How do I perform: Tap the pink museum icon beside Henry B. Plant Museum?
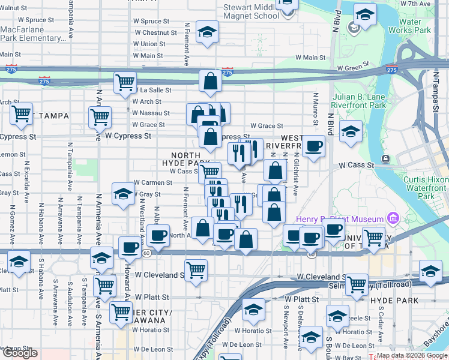pyautogui.click(x=393, y=217)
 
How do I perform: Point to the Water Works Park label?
pyautogui.click(x=409, y=25)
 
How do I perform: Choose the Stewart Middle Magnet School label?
pyautogui.click(x=250, y=11)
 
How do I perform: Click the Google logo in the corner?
pyautogui.click(x=20, y=353)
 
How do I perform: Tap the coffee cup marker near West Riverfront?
pyautogui.click(x=313, y=146)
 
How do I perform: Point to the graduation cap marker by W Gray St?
pyautogui.click(x=123, y=194)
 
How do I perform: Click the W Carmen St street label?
pyautogui.click(x=153, y=182)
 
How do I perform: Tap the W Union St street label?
pyautogui.click(x=149, y=44)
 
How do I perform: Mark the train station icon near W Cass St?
pyautogui.click(x=385, y=159)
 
